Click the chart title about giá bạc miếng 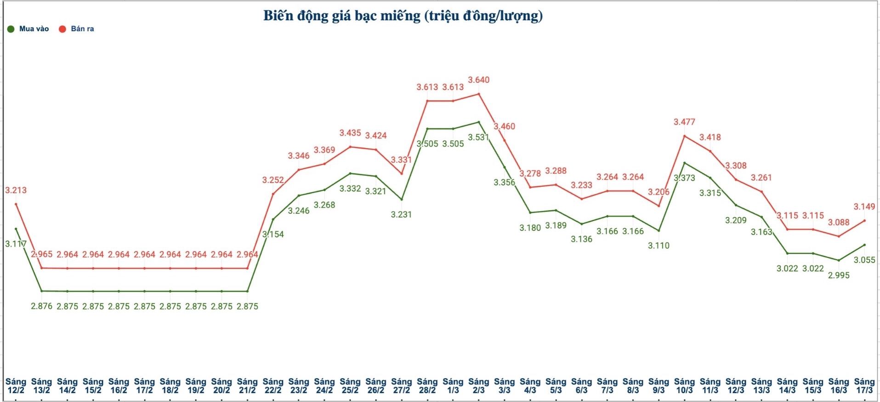click(403, 16)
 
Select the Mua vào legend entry click(28, 29)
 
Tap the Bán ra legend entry click(77, 29)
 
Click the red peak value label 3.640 click(478, 80)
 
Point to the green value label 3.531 click(478, 137)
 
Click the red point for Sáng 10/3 click(684, 136)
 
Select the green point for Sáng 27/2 click(401, 200)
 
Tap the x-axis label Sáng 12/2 click(16, 385)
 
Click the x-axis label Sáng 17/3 click(864, 385)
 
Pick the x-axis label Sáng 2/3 click(478, 385)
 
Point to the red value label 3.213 click(16, 190)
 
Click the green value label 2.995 click(838, 275)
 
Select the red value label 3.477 click(684, 122)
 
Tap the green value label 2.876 click(41, 306)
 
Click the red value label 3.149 click(864, 207)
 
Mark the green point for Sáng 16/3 click(839, 260)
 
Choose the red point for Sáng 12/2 click(16, 204)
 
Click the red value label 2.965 click(41, 254)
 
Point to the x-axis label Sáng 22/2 click(273, 385)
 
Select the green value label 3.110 click(659, 246)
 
